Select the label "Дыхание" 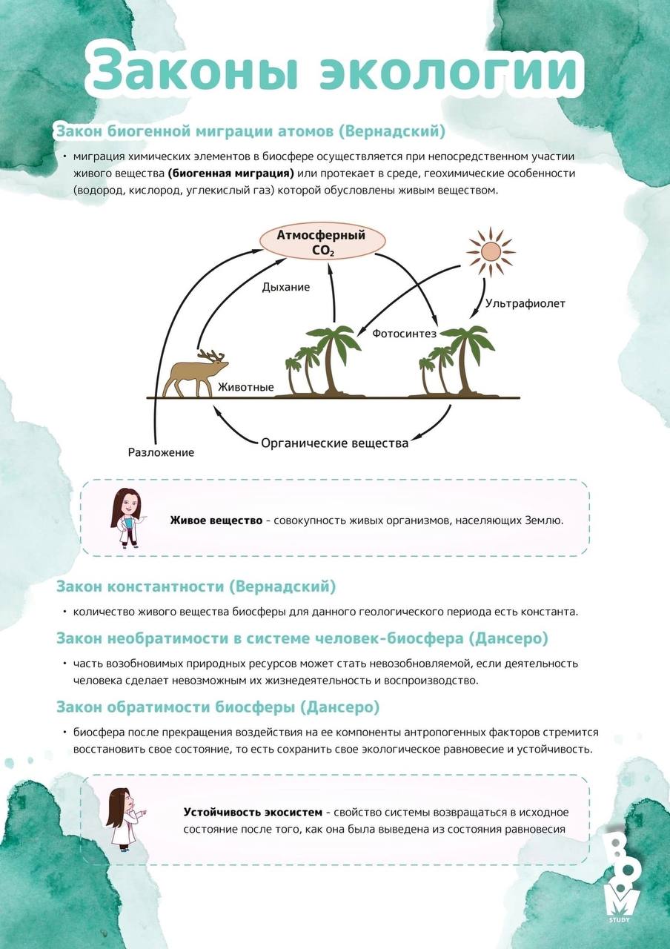286,287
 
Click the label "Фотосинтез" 404,334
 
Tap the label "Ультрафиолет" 525,303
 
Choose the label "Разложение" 161,452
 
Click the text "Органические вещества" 335,443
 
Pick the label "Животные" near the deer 246,388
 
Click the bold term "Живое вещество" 216,520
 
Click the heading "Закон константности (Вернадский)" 196,586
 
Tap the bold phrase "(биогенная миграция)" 230,173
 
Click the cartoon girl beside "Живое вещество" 126,518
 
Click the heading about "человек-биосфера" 302,638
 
